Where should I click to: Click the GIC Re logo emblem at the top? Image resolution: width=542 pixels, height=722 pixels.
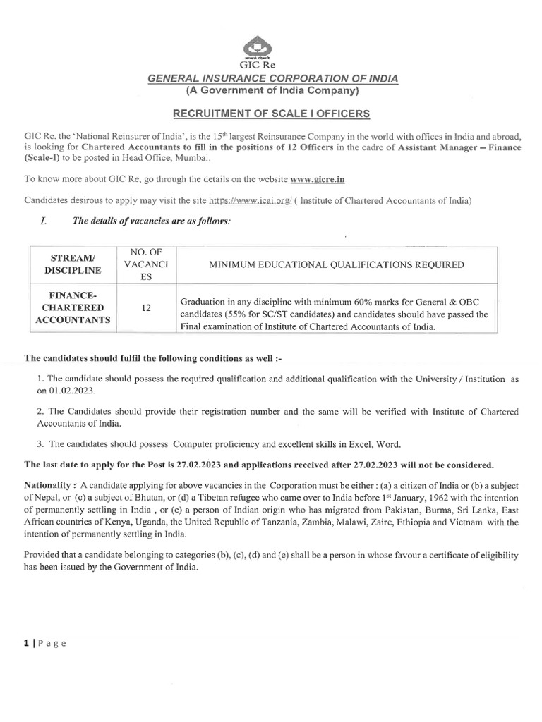272,49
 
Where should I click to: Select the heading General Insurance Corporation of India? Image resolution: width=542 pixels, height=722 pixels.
272,79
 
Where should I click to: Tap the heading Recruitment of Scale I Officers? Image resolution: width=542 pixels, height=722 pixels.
272,114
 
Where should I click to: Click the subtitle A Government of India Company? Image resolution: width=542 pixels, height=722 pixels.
272,91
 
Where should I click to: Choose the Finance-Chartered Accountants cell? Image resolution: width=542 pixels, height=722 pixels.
73,307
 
